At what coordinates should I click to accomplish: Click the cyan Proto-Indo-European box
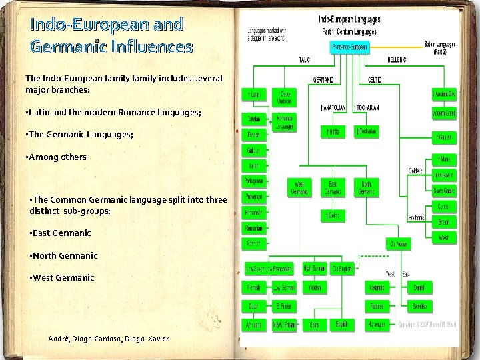pos(349,47)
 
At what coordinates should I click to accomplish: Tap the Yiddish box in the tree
pos(313,287)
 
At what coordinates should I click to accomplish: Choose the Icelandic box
pos(377,287)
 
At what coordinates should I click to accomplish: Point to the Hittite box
pos(331,132)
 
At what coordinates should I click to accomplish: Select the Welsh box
pos(443,237)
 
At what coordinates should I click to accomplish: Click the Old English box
pos(341,269)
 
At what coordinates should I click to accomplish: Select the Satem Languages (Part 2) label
pos(441,47)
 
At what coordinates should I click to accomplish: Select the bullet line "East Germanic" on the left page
pos(61,233)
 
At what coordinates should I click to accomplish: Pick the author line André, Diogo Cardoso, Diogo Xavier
pos(109,339)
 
